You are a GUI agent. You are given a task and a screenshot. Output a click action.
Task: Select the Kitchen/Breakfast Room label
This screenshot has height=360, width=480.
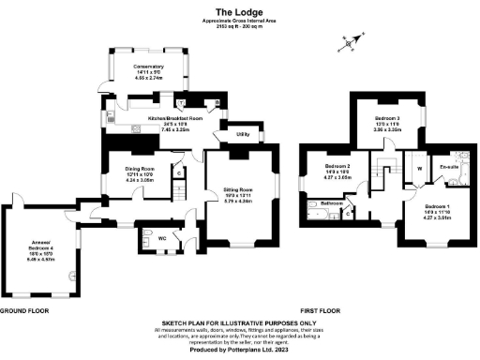(167, 119)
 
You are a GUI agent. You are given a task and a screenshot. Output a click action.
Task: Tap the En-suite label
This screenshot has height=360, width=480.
(446, 166)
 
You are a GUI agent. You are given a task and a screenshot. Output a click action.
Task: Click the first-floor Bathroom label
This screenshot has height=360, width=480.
(332, 202)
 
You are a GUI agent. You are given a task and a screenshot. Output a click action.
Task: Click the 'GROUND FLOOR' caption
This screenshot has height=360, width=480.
(24, 309)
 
